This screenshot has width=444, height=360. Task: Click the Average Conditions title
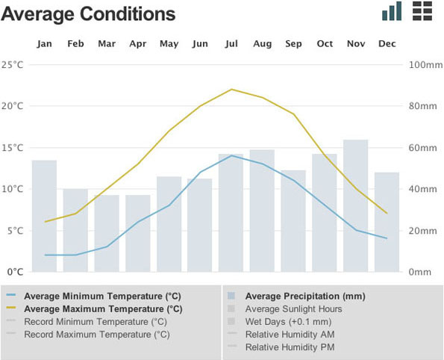89,14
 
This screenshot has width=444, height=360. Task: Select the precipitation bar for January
45,216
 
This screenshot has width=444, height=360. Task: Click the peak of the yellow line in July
231,89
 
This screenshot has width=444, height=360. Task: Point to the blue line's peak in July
232,155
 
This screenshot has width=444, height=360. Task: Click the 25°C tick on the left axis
13,64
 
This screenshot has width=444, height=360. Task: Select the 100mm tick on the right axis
426,64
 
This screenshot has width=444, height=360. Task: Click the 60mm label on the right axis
424,148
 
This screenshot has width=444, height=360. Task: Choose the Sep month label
293,44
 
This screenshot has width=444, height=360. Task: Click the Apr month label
138,44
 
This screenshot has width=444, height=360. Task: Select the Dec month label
387,44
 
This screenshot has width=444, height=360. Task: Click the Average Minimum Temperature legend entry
103,295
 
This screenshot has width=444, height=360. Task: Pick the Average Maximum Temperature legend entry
103,308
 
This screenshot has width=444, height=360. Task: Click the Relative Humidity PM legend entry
290,347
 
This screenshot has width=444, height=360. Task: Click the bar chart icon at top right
392,11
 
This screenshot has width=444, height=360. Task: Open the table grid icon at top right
422,10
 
